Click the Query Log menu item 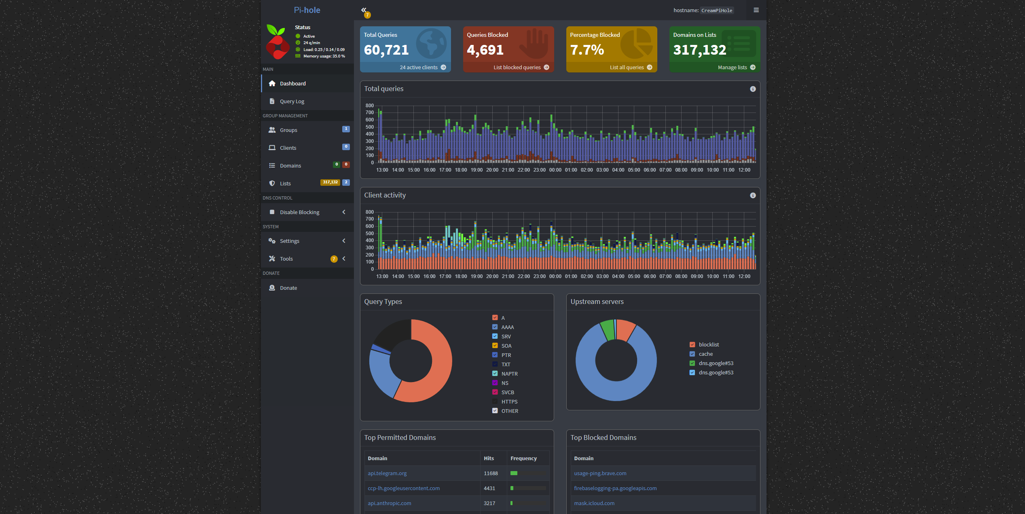coord(292,101)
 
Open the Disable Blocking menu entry coord(299,212)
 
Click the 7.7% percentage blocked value coord(587,50)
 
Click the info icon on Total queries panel coord(753,89)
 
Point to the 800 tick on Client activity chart coord(370,212)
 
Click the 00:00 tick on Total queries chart coord(555,170)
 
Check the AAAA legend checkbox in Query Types coord(495,327)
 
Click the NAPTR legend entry coord(509,374)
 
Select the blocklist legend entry coord(709,345)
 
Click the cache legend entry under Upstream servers coord(705,354)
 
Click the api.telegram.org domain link coord(387,474)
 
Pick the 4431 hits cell coord(489,489)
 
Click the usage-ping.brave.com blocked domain coord(600,474)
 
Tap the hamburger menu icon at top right coord(756,10)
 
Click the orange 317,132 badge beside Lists coord(330,183)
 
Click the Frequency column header coord(523,459)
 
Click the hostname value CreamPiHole coord(717,11)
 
